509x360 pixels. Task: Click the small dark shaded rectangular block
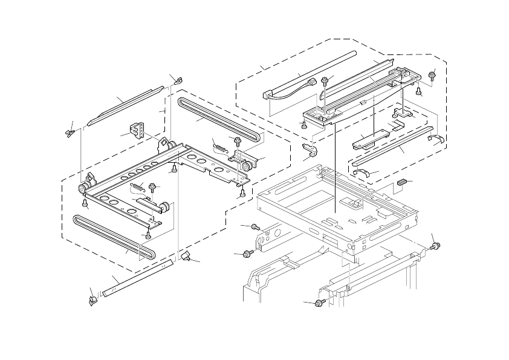(x=403, y=182)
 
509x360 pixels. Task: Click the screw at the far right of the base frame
(x=435, y=246)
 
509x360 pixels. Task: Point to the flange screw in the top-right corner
(x=432, y=75)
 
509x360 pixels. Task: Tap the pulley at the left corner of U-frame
(x=81, y=191)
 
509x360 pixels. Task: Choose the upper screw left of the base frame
(x=254, y=227)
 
